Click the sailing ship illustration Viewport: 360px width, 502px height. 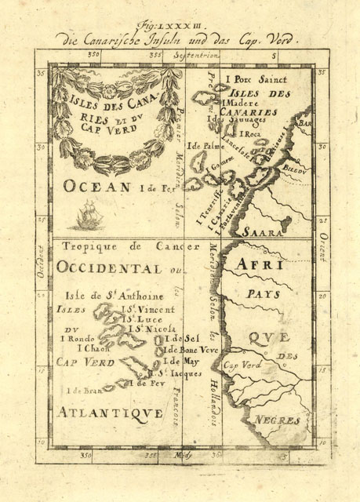84,214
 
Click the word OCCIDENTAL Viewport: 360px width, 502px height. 110,267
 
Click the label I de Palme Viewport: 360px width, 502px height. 203,146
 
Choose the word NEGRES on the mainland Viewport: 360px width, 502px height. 279,421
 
